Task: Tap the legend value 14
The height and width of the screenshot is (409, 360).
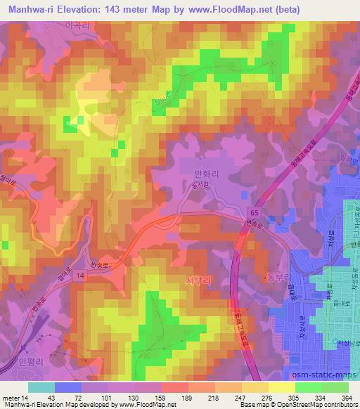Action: (27, 396)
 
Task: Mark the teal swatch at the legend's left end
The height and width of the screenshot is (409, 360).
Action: (41, 387)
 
